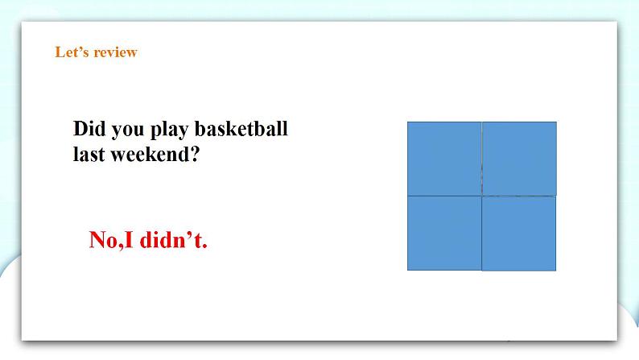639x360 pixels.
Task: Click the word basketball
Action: [x=241, y=128]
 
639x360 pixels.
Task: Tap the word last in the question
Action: [x=89, y=154]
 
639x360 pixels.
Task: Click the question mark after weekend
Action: [x=195, y=154]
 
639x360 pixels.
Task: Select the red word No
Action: [x=104, y=239]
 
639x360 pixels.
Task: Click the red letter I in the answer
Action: [x=129, y=239]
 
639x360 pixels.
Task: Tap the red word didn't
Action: [x=171, y=239]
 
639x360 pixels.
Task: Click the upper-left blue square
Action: [x=444, y=159]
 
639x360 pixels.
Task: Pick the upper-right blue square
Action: [x=519, y=159]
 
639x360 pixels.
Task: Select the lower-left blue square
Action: [x=444, y=233]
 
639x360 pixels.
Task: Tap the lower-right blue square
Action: [x=519, y=234]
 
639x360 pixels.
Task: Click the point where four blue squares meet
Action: [x=482, y=196]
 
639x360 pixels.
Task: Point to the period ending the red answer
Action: [x=205, y=246]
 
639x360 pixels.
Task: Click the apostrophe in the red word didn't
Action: [x=189, y=234]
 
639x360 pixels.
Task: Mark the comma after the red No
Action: [x=121, y=246]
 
